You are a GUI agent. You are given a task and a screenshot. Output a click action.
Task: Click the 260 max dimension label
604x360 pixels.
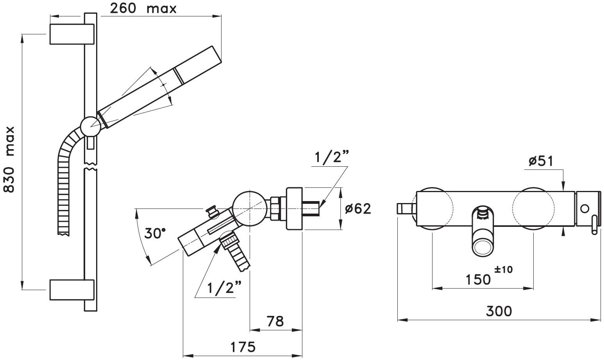tap(143, 8)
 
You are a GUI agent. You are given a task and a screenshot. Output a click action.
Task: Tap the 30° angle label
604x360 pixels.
tap(155, 233)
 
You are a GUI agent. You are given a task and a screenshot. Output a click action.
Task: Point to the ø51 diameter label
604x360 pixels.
tap(541, 161)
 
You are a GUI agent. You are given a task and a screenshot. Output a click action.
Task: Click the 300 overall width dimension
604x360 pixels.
tap(499, 311)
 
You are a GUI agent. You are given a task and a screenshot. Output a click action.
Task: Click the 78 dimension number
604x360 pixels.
tap(275, 321)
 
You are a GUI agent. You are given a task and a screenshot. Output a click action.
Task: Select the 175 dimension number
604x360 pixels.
tap(242, 346)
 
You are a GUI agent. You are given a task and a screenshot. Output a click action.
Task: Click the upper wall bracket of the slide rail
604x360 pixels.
tap(72, 34)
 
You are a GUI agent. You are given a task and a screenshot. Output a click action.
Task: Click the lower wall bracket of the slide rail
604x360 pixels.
tap(72, 290)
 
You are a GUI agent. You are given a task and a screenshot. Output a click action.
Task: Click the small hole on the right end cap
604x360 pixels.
tap(584, 209)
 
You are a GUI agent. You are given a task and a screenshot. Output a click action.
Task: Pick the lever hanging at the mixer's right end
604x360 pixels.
tap(594, 227)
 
